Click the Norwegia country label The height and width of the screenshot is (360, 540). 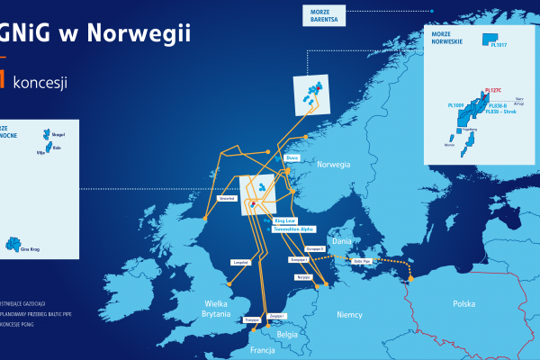click(x=332, y=165)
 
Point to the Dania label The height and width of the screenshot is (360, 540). click(x=343, y=241)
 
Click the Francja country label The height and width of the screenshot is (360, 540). click(x=263, y=350)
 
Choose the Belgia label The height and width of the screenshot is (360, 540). click(x=287, y=333)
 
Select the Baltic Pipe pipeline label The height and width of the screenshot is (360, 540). click(x=363, y=262)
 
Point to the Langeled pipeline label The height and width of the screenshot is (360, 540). click(x=241, y=263)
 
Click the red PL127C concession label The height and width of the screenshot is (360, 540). click(x=493, y=91)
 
